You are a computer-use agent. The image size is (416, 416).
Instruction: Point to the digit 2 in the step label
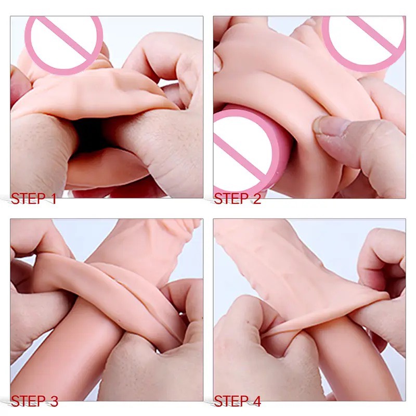point(257,199)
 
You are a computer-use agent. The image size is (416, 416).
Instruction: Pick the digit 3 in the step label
point(54,401)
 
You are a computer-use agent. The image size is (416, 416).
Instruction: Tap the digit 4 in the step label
point(256,401)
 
